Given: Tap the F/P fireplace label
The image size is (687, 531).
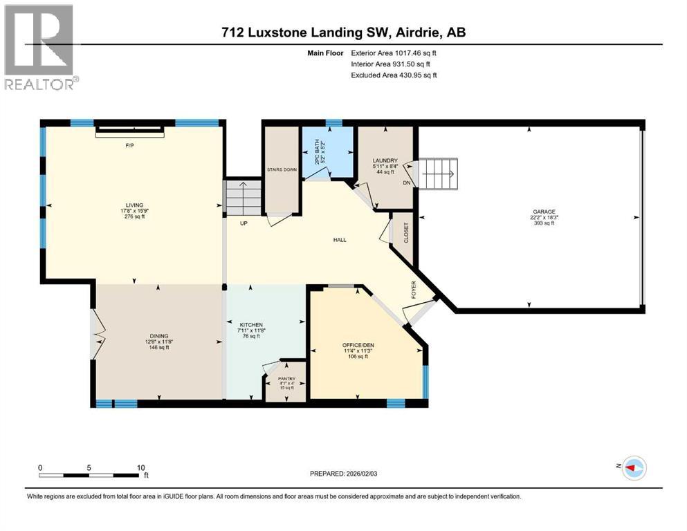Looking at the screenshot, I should tap(129, 146).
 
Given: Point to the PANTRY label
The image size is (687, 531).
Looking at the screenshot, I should tap(286, 379).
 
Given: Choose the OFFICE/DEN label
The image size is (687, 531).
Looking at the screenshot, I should tap(357, 344).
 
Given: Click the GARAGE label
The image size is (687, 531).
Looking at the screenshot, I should tap(544, 212).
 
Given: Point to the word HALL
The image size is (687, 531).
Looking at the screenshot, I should tap(339, 240).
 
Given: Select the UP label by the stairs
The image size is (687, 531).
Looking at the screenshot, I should tap(244, 223).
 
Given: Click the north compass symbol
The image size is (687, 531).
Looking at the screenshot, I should tap(632, 467).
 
